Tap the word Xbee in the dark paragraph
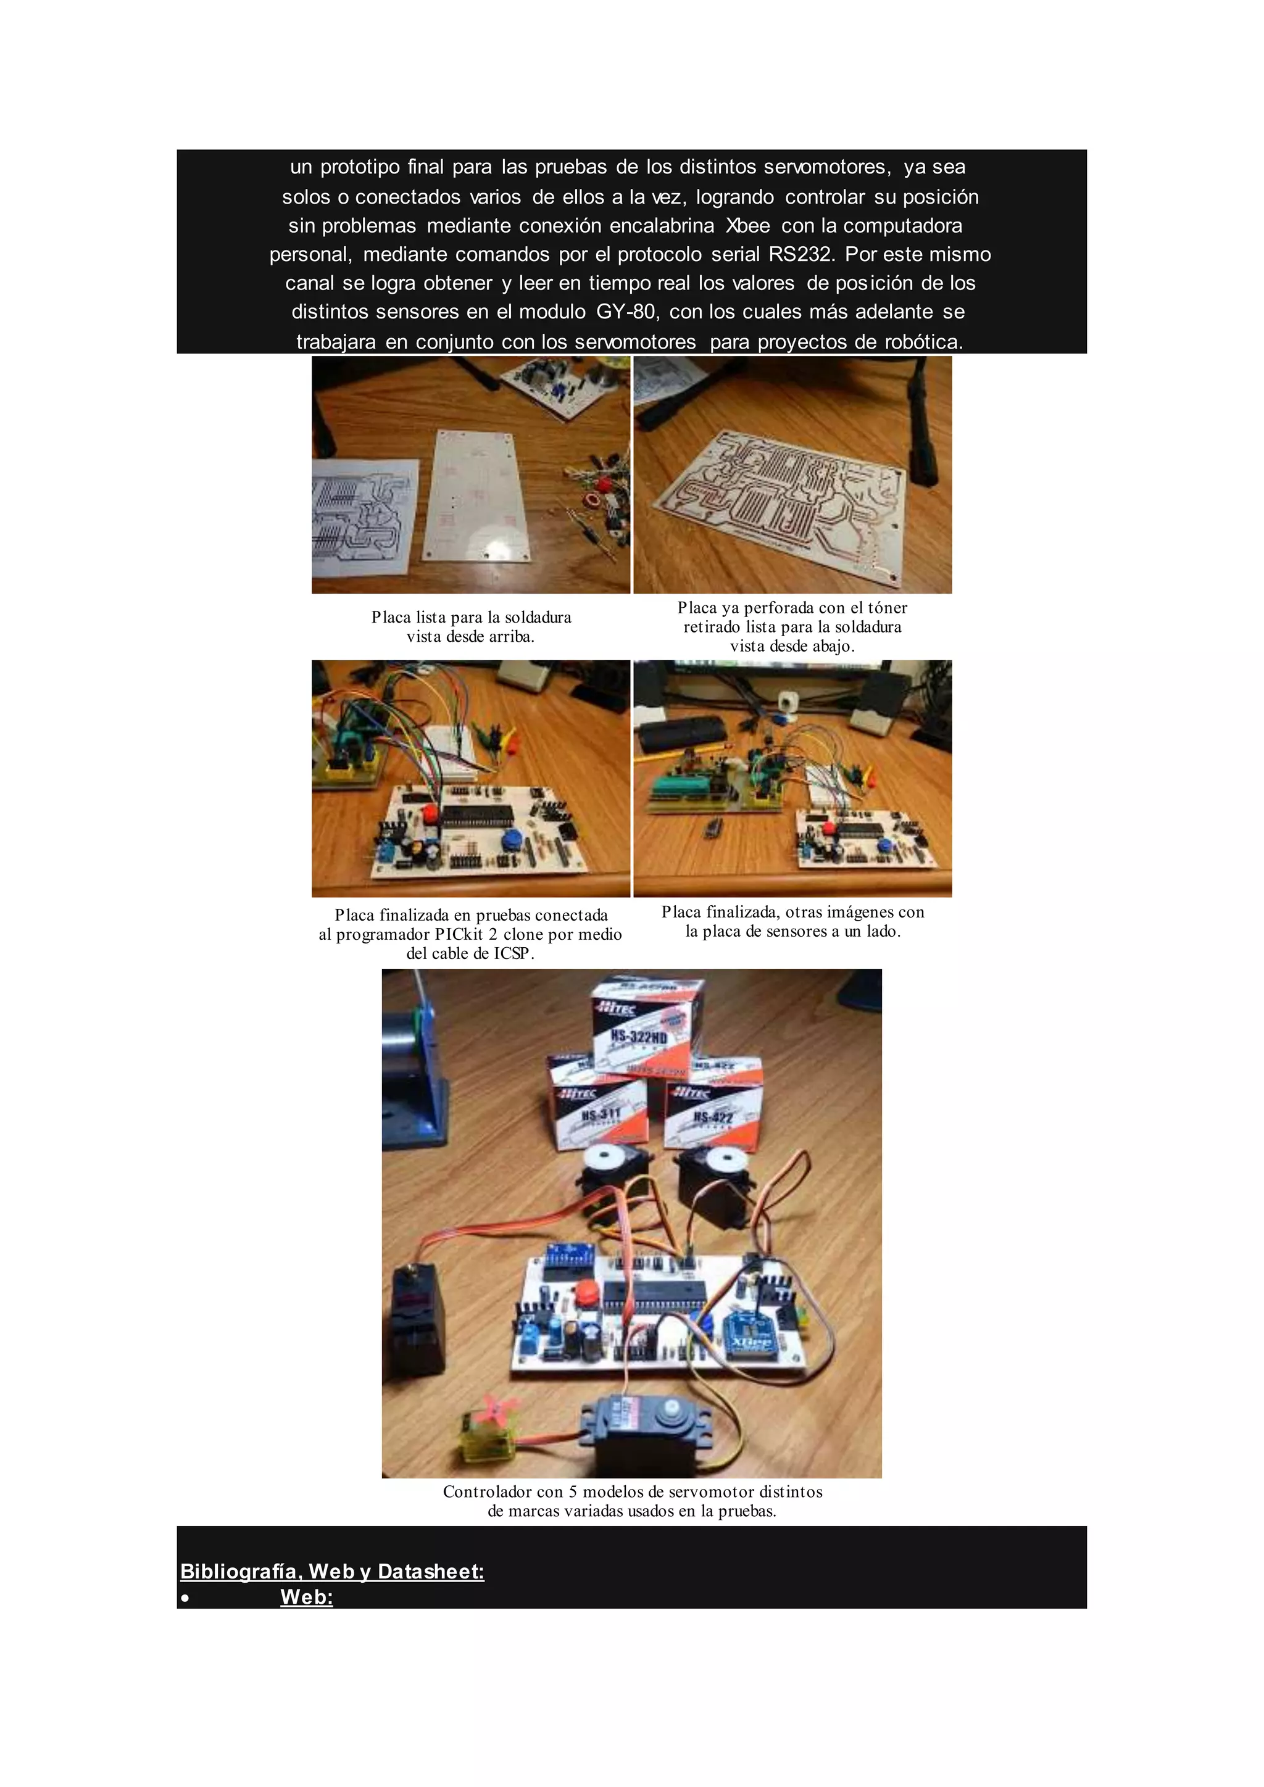pos(747,226)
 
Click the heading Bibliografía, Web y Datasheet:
pos(332,1572)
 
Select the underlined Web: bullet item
pos(307,1597)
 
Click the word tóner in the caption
pos(886,607)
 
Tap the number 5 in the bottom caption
pos(573,1492)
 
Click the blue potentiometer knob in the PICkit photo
pos(512,840)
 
